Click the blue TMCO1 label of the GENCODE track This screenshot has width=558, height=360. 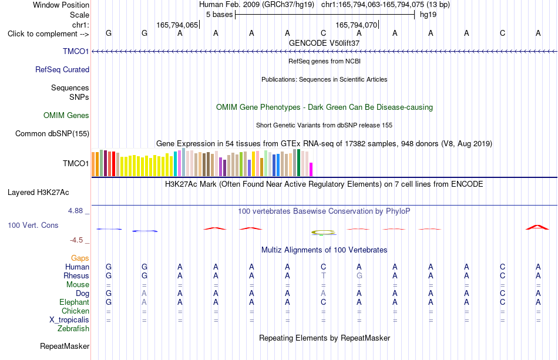click(76, 51)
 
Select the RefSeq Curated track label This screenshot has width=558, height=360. click(62, 69)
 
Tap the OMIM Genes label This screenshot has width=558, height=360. click(66, 115)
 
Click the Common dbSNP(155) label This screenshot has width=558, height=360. click(52, 134)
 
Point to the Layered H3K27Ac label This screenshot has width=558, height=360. click(38, 193)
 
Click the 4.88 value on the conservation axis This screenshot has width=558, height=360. click(76, 211)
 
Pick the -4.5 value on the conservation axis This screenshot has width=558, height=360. click(76, 240)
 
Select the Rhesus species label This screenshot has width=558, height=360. click(76, 275)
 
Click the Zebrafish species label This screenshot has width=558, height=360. click(73, 329)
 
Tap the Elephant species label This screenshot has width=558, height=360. click(75, 302)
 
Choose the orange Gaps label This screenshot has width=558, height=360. click(80, 258)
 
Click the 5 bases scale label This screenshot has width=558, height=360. click(219, 15)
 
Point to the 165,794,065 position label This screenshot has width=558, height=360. click(177, 25)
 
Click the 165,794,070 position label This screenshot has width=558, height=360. click(356, 25)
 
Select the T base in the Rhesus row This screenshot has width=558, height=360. click(323, 275)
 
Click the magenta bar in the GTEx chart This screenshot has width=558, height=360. click(311, 169)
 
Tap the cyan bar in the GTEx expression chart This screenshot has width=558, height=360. click(176, 164)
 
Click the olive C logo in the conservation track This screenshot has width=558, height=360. click(324, 233)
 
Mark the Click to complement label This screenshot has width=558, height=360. click(48, 34)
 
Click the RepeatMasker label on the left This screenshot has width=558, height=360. click(65, 346)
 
